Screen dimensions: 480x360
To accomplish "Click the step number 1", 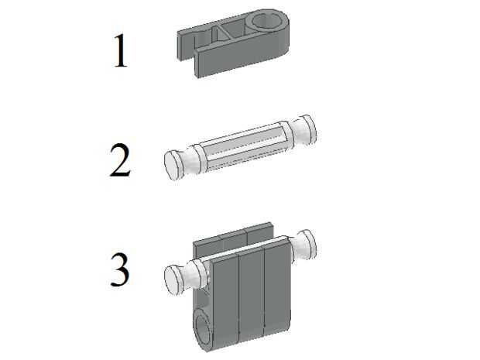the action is (x=121, y=50).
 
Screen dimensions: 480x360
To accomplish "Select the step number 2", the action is (x=120, y=159).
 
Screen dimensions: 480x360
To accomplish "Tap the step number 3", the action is (x=120, y=269).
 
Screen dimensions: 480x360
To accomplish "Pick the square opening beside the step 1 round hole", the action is (x=235, y=29).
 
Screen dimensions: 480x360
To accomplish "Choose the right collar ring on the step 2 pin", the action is (x=284, y=134).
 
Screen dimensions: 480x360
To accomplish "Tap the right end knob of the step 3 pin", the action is (x=304, y=245).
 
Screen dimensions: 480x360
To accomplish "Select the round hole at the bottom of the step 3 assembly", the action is (x=204, y=330).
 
